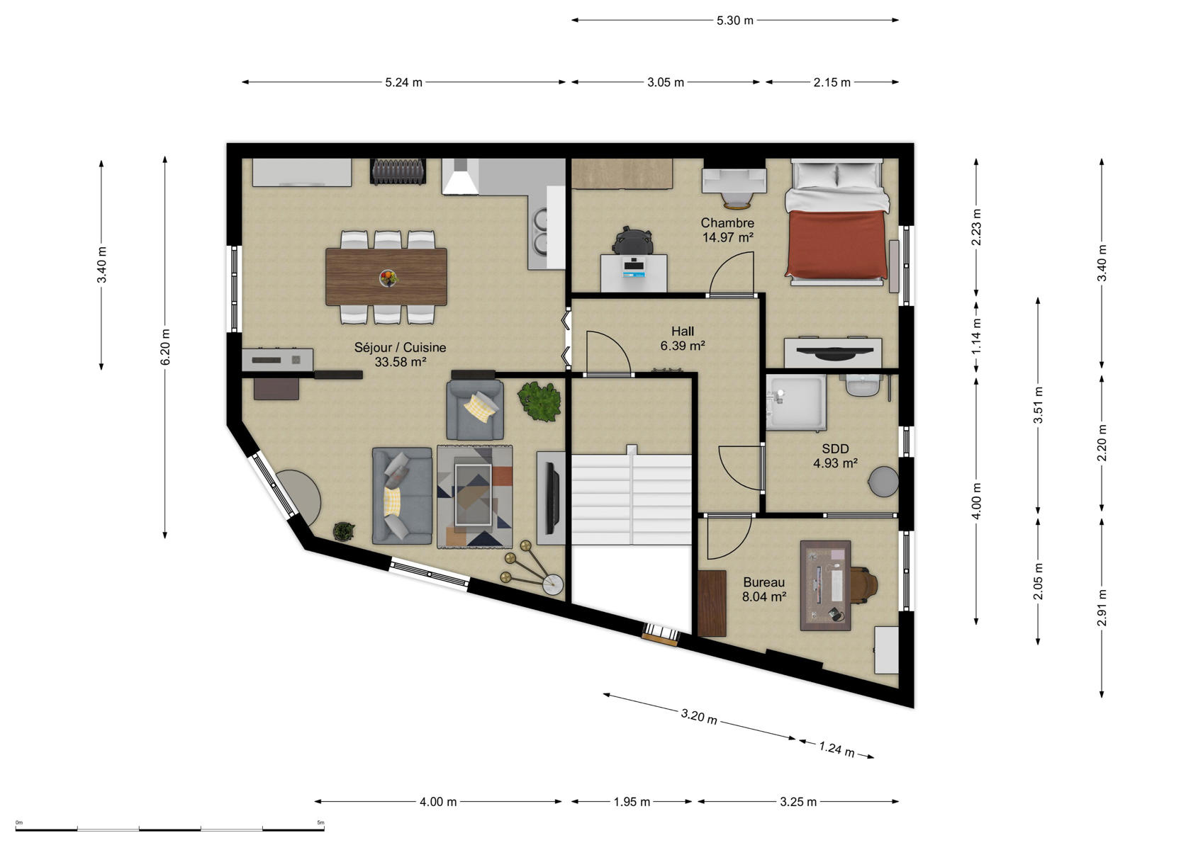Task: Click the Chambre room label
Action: tap(727, 222)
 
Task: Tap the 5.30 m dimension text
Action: tap(734, 21)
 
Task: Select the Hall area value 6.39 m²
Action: tap(683, 346)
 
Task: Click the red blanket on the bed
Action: tap(836, 243)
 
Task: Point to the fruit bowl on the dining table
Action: tap(388, 278)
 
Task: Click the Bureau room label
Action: tap(763, 582)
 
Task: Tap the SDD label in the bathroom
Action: tap(835, 448)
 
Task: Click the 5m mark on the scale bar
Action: tap(320, 822)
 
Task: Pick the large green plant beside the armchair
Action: tap(539, 401)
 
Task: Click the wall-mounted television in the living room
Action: tap(552, 498)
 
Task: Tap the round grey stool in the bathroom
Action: tap(883, 482)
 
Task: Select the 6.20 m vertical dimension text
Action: tap(165, 347)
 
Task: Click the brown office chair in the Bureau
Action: tap(863, 585)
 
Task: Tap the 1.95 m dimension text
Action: tap(632, 802)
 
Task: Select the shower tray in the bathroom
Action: tap(796, 402)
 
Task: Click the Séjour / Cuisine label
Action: tap(400, 347)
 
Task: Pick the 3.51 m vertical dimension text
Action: tap(1038, 405)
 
